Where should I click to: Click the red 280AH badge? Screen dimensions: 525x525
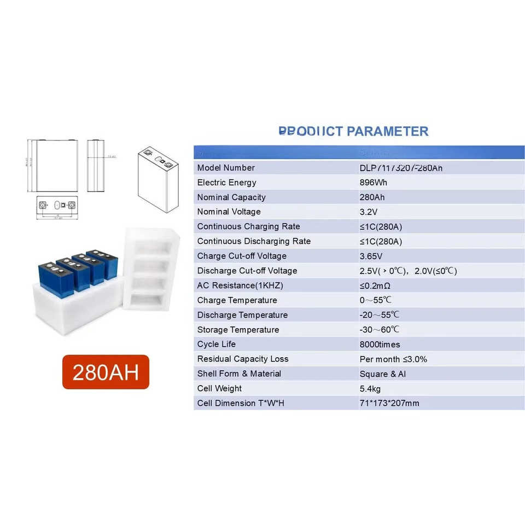pyautogui.click(x=106, y=372)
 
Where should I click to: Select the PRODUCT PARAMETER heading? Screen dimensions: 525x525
pyautogui.click(x=353, y=131)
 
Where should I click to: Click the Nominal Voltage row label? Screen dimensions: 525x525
pyautogui.click(x=229, y=212)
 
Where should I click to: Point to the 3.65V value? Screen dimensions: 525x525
pyautogui.click(x=371, y=256)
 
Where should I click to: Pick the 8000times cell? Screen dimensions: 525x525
pyautogui.click(x=380, y=345)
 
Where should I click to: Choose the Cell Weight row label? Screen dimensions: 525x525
pyautogui.click(x=219, y=388)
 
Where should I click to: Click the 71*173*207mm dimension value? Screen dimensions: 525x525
pyautogui.click(x=389, y=403)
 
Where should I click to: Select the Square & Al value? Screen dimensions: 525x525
pyautogui.click(x=383, y=374)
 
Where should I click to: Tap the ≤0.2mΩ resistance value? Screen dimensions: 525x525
pyautogui.click(x=375, y=285)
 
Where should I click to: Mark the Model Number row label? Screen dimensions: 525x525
pyautogui.click(x=226, y=168)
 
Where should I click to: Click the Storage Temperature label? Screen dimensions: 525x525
pyautogui.click(x=238, y=330)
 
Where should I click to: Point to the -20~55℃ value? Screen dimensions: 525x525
pyautogui.click(x=379, y=315)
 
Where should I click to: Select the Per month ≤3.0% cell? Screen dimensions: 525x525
pyautogui.click(x=393, y=359)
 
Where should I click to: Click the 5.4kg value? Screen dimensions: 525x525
pyautogui.click(x=370, y=389)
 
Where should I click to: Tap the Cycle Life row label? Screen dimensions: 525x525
pyautogui.click(x=217, y=345)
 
